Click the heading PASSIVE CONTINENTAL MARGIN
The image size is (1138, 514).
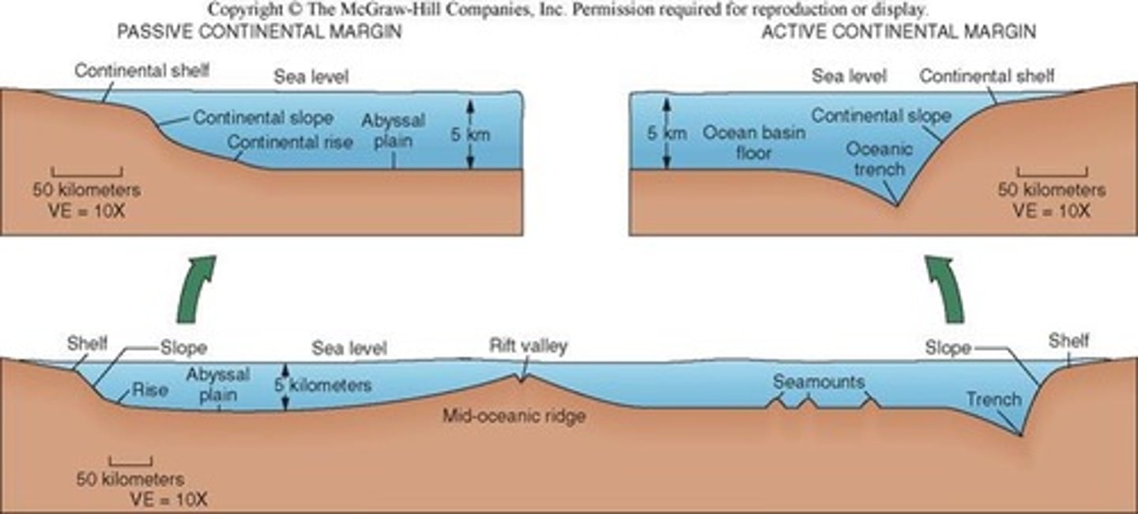259,32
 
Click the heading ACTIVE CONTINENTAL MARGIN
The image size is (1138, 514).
899,32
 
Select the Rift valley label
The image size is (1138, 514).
528,346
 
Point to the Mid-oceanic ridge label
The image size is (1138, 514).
514,415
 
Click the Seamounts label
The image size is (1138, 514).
819,382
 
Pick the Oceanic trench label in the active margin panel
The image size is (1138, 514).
879,159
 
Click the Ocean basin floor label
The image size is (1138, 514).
754,142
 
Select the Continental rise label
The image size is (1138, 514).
289,142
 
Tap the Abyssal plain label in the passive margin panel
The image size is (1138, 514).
393,131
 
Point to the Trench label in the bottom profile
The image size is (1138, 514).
993,399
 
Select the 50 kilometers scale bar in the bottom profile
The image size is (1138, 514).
130,459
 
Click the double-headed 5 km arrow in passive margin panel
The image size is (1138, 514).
469,134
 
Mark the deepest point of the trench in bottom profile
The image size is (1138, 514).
1020,434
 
